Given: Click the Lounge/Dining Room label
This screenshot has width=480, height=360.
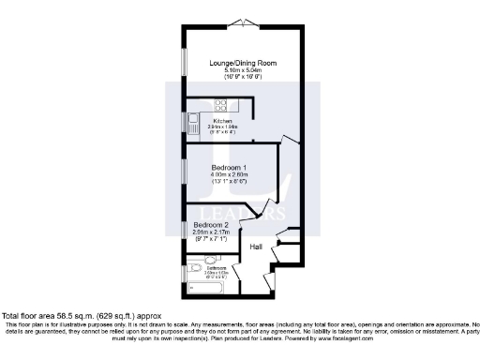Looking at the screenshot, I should click(x=241, y=63).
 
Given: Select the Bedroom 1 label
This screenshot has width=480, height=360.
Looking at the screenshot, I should click(x=230, y=165).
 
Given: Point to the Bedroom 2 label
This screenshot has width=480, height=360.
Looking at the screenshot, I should click(x=212, y=225).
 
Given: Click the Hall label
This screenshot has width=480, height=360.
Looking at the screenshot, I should click(x=256, y=247).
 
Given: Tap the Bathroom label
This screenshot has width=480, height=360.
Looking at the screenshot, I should click(x=217, y=269).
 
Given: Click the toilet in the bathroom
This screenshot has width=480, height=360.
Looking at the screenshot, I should click(x=191, y=270).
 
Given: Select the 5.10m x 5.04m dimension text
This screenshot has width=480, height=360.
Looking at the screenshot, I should click(x=241, y=71).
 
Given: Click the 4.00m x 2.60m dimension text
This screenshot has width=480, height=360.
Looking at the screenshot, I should click(x=230, y=173).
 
